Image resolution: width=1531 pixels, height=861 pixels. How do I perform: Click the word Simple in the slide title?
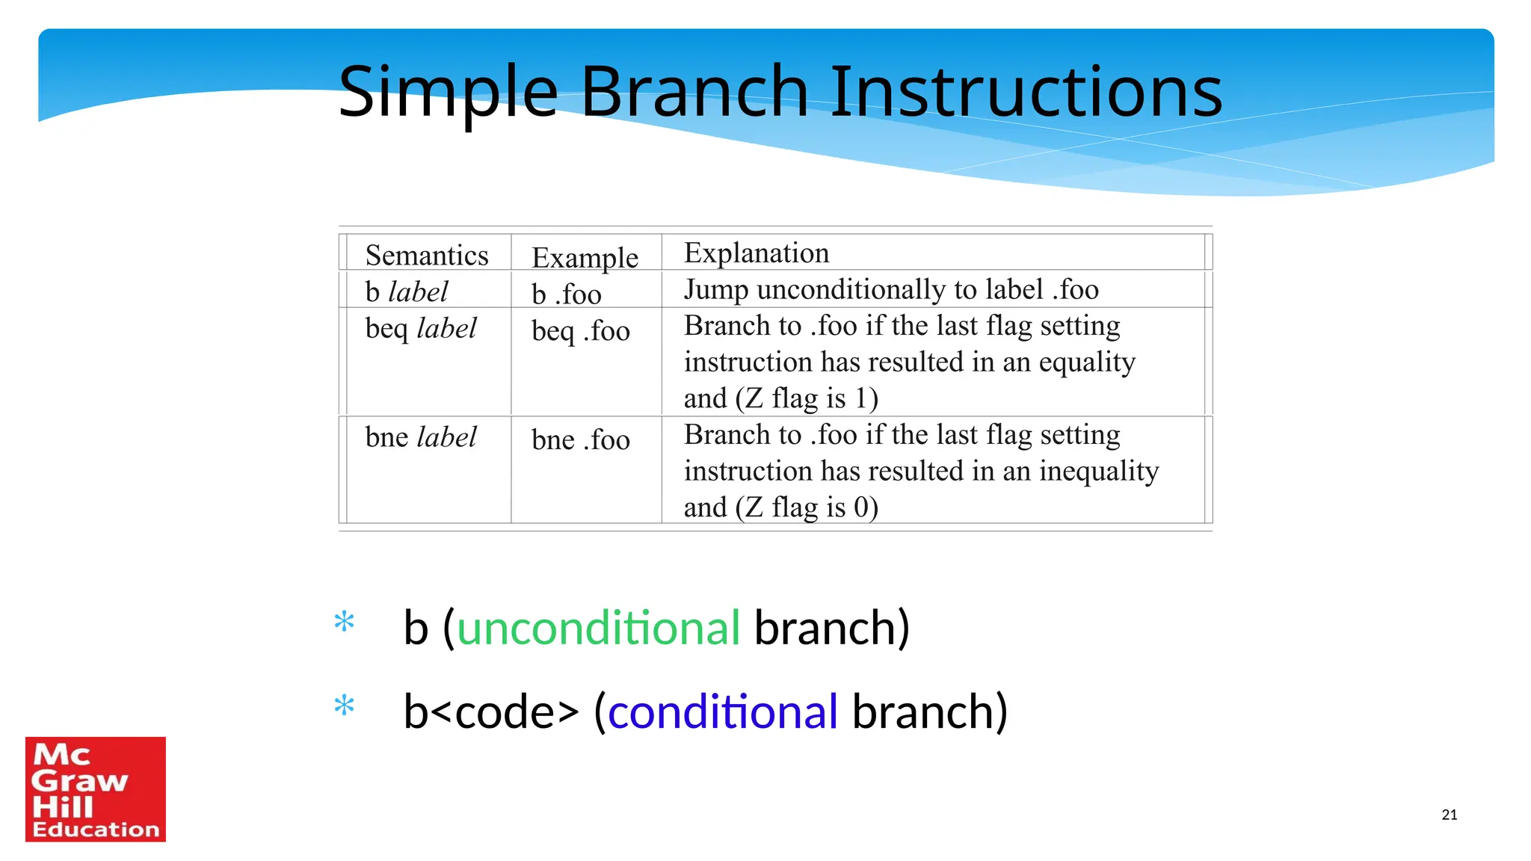tap(449, 93)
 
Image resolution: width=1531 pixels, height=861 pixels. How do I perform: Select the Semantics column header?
tap(426, 256)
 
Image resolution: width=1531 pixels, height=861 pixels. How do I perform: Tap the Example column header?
tap(585, 258)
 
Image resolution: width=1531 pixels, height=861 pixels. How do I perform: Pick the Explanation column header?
tap(756, 253)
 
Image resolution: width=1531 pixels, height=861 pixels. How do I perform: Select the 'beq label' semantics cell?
tap(420, 329)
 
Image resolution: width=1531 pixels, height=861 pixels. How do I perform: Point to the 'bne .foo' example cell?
tap(580, 440)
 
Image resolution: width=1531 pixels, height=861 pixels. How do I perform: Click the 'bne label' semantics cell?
tap(420, 437)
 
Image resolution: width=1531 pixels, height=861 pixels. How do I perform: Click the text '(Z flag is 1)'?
tap(806, 398)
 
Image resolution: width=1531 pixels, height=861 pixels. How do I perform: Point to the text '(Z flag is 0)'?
tap(806, 507)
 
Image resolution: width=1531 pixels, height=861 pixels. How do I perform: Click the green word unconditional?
tap(598, 628)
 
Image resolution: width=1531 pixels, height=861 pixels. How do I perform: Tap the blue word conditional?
tap(722, 712)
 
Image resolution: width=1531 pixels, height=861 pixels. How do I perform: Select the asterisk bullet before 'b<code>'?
tap(344, 706)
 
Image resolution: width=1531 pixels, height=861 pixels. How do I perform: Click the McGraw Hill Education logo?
tap(96, 789)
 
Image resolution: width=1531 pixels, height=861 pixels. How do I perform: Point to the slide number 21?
tap(1449, 815)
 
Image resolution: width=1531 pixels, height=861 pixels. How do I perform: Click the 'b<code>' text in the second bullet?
tap(491, 712)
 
